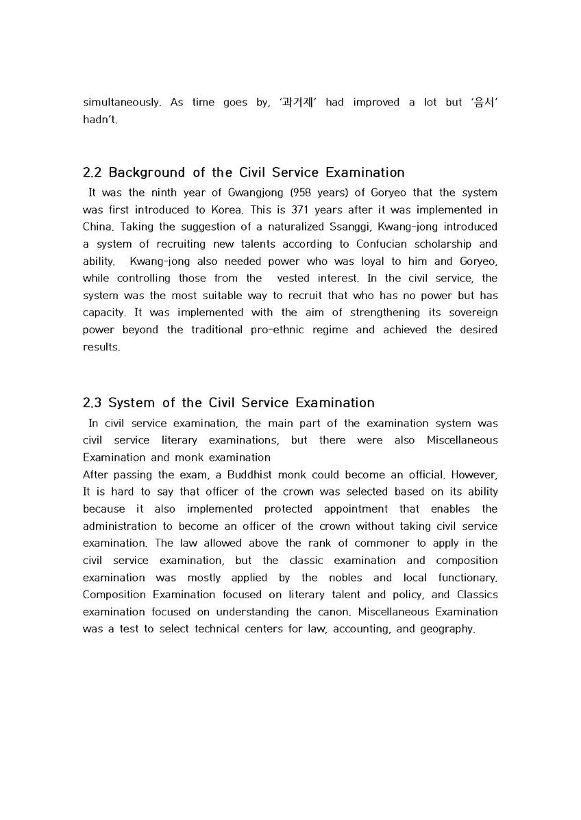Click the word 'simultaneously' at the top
[x=122, y=103]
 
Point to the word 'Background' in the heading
[x=147, y=172]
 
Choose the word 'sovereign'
[x=471, y=312]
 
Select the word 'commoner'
[x=401, y=543]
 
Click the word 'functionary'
[x=467, y=577]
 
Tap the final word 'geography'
[x=446, y=628]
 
